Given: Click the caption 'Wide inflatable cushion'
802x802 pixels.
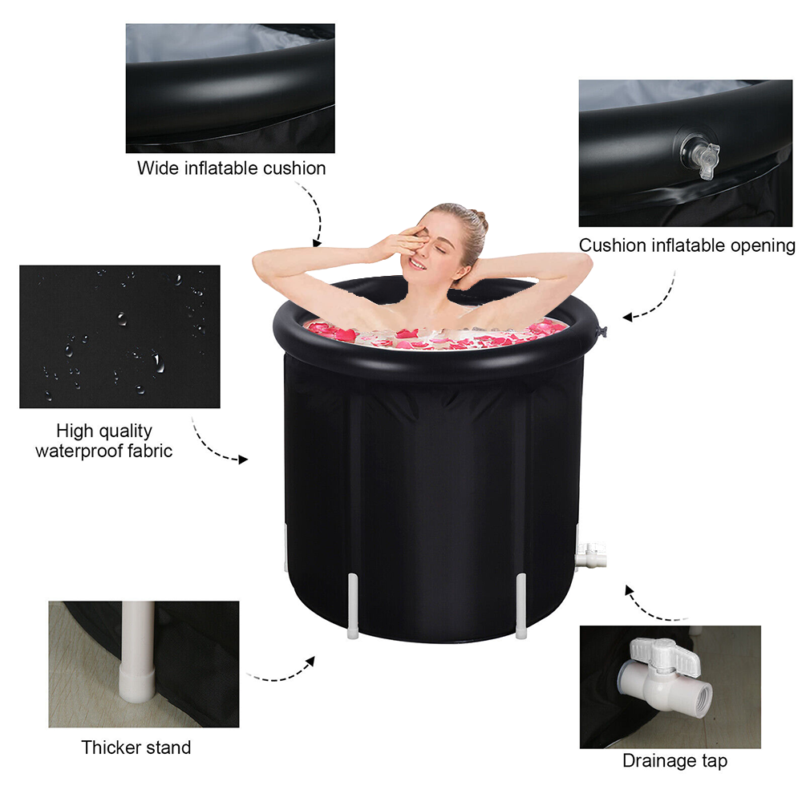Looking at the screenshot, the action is pos(231,168).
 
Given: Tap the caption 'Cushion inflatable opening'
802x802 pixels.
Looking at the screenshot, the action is pos(687,245).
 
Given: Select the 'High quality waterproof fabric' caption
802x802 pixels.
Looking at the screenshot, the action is pos(103,440).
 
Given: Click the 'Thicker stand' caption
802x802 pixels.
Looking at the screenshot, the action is pos(136,747).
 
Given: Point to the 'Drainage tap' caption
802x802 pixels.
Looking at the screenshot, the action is pos(674,761).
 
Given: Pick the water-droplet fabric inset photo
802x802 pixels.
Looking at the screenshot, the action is pos(119,337).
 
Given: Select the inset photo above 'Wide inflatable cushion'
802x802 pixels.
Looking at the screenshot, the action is pos(230,88).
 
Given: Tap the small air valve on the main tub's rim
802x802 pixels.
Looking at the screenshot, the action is pos(601,332).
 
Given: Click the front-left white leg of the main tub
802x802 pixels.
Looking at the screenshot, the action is pos(353,606).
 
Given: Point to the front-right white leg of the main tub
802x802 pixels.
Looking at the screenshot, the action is pos(520,606).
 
